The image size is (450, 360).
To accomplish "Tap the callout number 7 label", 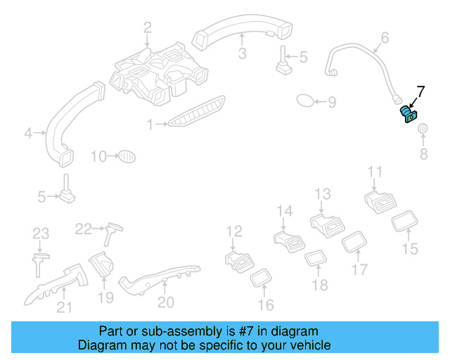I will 420,91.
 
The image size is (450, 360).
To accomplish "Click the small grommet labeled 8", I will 424,130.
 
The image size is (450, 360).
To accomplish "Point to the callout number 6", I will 385,37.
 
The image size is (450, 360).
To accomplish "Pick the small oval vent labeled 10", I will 125,155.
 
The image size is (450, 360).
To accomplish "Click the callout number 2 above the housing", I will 148,27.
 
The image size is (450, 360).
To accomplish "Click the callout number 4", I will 28,132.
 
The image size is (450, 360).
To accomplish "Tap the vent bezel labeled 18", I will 314,259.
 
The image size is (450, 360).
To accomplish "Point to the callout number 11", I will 375,172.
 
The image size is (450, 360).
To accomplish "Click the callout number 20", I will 165,302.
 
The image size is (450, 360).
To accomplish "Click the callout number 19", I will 105,297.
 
